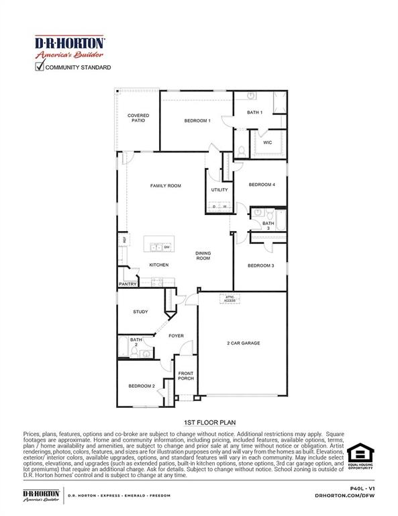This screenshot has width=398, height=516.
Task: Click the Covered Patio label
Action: [138, 118]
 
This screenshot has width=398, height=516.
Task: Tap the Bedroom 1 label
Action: [197, 121]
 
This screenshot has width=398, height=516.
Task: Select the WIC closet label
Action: [267, 142]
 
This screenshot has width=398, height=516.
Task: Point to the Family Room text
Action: [166, 186]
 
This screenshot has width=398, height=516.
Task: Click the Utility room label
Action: [219, 190]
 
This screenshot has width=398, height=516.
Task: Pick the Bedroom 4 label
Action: [262, 185]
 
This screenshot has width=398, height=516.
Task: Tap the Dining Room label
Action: [203, 255]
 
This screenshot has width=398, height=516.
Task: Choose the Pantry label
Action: [128, 284]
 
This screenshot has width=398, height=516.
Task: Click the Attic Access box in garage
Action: [230, 298]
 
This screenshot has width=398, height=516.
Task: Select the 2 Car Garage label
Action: [243, 343]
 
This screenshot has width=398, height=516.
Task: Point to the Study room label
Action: [140, 312]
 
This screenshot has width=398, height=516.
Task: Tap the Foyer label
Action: [176, 336]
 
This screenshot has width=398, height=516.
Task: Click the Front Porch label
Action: [185, 376]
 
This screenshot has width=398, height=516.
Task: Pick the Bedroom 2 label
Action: [142, 386]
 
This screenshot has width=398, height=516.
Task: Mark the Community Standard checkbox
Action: [39, 67]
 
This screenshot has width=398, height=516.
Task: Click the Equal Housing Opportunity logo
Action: [360, 456]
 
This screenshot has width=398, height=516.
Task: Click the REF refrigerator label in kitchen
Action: [124, 239]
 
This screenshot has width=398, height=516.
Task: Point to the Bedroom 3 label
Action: [260, 265]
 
